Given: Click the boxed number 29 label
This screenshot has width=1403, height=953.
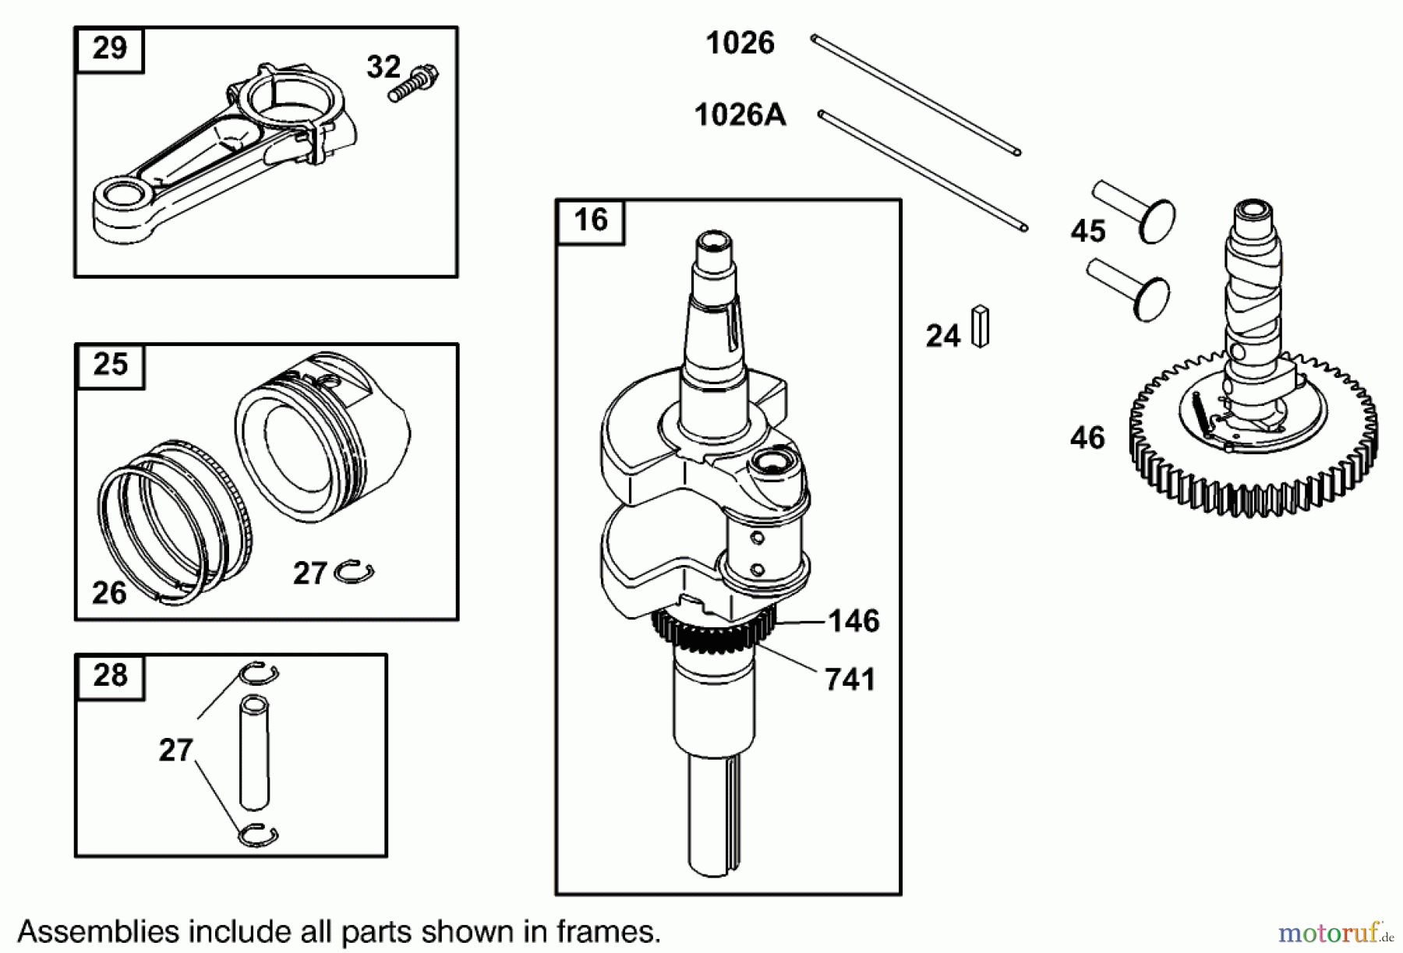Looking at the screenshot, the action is (x=109, y=48).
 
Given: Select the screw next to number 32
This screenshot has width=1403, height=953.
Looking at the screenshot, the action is (x=413, y=81).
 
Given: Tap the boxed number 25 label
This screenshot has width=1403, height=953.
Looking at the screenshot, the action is (x=110, y=364).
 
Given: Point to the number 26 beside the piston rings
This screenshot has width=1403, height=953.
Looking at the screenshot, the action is (x=109, y=593).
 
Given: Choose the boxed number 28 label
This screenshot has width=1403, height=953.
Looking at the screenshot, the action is (x=110, y=675).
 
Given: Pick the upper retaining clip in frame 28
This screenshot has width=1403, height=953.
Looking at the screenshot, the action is (x=258, y=672).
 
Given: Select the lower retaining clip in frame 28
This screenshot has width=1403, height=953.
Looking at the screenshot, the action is (x=258, y=835).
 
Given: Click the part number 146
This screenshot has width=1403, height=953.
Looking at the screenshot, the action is (x=853, y=621).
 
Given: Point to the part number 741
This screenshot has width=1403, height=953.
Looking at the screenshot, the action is (x=850, y=679).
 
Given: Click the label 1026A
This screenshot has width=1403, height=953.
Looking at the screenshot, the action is (x=740, y=115).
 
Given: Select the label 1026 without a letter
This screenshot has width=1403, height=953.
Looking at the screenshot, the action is (x=740, y=43).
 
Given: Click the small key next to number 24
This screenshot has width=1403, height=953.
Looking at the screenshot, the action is (x=981, y=326).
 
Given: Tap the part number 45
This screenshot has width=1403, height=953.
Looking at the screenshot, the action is (x=1088, y=231).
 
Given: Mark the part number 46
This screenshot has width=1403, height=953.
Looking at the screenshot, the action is (x=1087, y=438).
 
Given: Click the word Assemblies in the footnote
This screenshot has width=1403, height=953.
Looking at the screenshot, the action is (x=95, y=931).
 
